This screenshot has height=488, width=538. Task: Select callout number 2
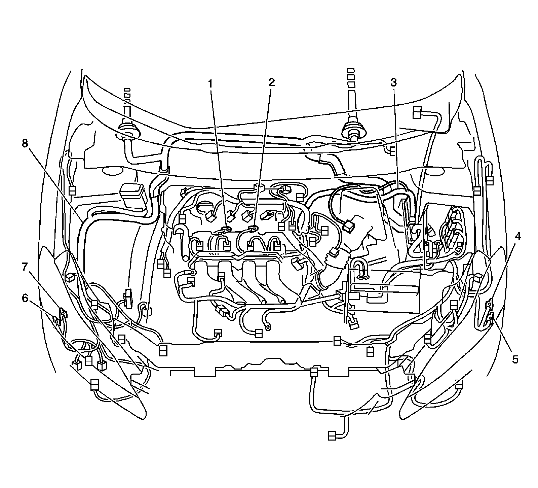point(271,82)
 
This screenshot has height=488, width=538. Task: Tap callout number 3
point(393,82)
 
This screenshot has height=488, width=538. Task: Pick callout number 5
point(515,360)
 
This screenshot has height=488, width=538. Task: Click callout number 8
point(24,144)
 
